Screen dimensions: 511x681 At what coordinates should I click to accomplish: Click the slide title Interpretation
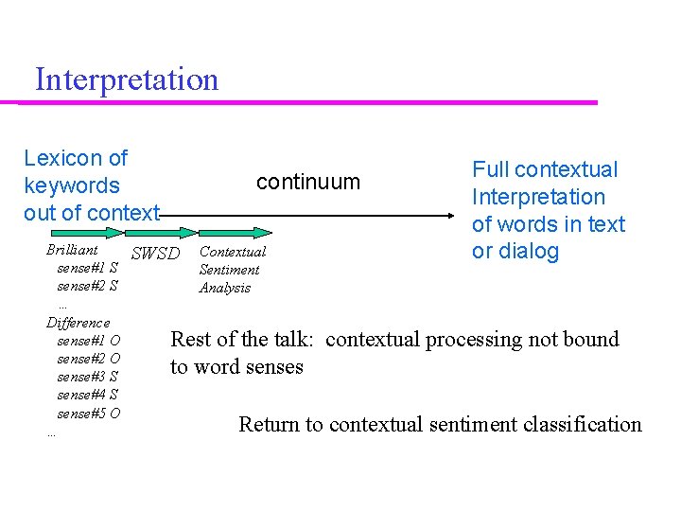coord(126,79)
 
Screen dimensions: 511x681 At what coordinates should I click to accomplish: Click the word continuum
coord(308,182)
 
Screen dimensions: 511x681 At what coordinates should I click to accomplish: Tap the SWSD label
coord(155,253)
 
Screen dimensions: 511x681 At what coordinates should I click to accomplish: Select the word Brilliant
coord(72,250)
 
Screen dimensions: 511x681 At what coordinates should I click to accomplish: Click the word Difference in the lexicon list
coord(78,323)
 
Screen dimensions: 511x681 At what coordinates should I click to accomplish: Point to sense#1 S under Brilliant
coord(87,268)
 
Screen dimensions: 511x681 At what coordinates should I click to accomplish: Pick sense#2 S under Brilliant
coord(87,285)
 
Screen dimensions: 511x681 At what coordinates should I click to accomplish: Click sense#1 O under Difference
coord(88,341)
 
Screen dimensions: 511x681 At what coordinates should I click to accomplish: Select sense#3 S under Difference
coord(87,377)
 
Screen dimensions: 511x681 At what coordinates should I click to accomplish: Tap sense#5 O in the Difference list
coord(88,413)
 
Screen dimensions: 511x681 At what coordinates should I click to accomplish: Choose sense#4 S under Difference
coord(87,395)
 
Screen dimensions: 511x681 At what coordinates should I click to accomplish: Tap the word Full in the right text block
coord(489,169)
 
